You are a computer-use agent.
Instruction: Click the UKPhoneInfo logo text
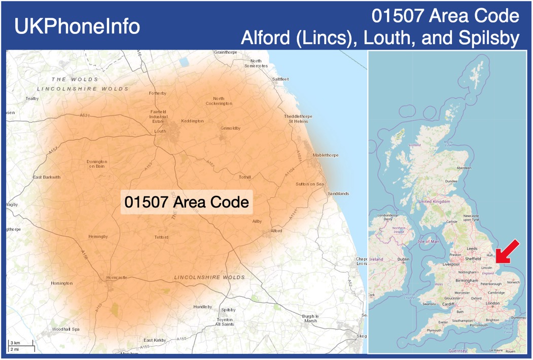(x=77, y=26)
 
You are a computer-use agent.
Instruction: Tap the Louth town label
(x=160, y=131)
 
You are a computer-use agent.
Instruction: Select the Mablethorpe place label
(x=326, y=155)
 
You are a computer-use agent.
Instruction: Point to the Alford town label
(x=276, y=231)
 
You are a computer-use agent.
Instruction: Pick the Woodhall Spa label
(x=66, y=330)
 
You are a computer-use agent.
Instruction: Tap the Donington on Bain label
(x=97, y=164)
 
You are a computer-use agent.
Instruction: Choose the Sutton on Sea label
(x=310, y=184)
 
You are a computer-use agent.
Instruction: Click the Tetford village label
(x=161, y=237)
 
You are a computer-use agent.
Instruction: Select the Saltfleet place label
(x=280, y=79)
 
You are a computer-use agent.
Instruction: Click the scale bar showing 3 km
(x=21, y=346)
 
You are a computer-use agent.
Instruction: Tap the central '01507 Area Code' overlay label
(x=187, y=202)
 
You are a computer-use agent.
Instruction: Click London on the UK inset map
(x=493, y=303)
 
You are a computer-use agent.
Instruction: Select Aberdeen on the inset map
(x=464, y=168)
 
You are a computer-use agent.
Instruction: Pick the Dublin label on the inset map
(x=404, y=259)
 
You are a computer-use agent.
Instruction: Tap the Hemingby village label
(x=98, y=236)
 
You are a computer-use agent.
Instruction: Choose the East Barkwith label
(x=47, y=177)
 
